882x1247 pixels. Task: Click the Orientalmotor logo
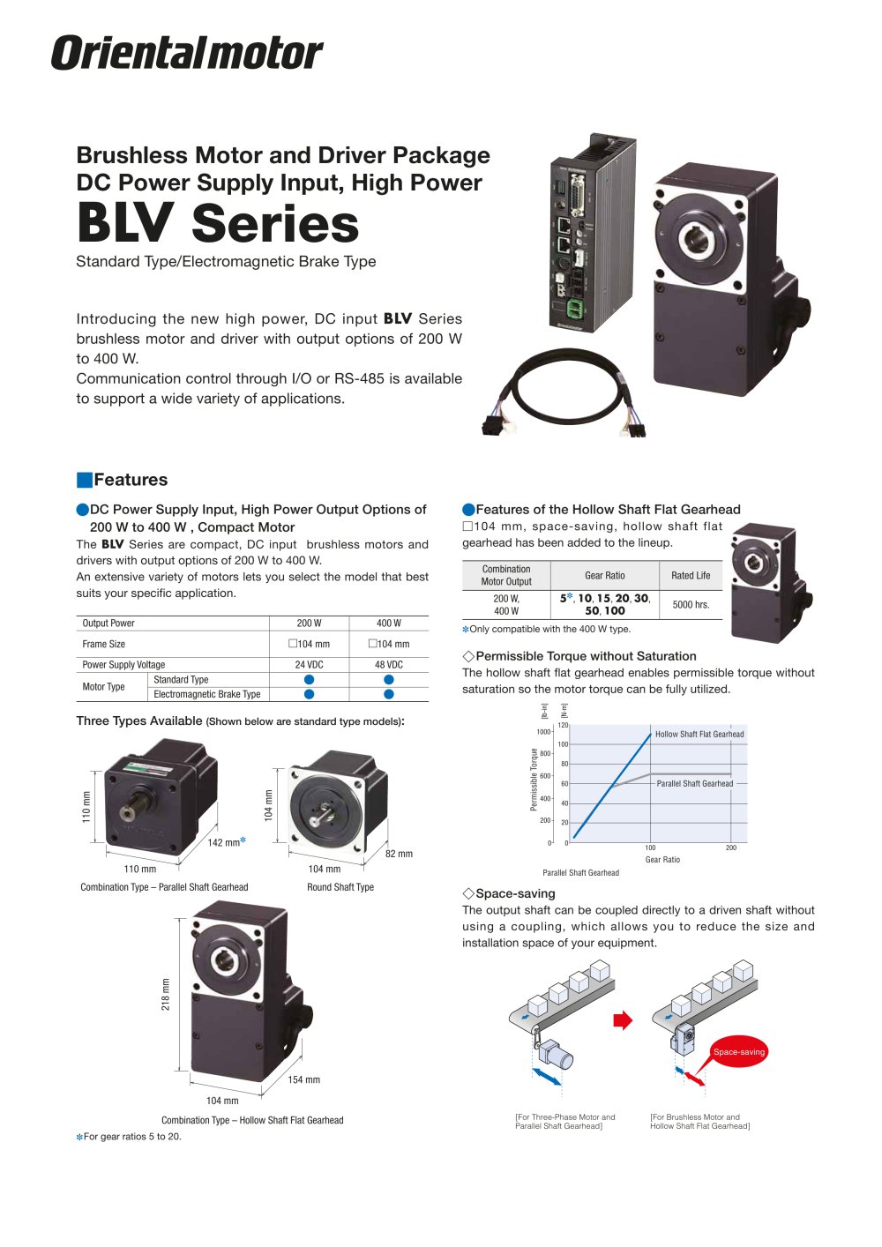click(187, 53)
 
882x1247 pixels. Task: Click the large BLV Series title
click(218, 223)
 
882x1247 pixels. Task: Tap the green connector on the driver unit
click(575, 309)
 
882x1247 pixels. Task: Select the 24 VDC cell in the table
click(309, 665)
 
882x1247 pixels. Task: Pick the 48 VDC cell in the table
click(389, 665)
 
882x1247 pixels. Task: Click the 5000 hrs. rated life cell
click(691, 605)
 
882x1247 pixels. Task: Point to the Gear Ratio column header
click(604, 576)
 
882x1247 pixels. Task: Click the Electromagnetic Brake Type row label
click(207, 695)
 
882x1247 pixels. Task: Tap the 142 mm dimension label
click(223, 843)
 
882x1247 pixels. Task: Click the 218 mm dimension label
click(166, 994)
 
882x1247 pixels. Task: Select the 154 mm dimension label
click(303, 1080)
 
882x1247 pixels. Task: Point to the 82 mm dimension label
click(399, 854)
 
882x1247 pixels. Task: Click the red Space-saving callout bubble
click(739, 1052)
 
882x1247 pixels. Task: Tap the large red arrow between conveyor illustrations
click(623, 1020)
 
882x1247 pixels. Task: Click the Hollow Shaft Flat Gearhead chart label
click(699, 734)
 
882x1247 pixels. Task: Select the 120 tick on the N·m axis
click(563, 726)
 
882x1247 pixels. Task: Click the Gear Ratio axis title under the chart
click(662, 860)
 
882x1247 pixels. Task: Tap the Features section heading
click(131, 480)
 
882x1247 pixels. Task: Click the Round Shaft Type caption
click(340, 887)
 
